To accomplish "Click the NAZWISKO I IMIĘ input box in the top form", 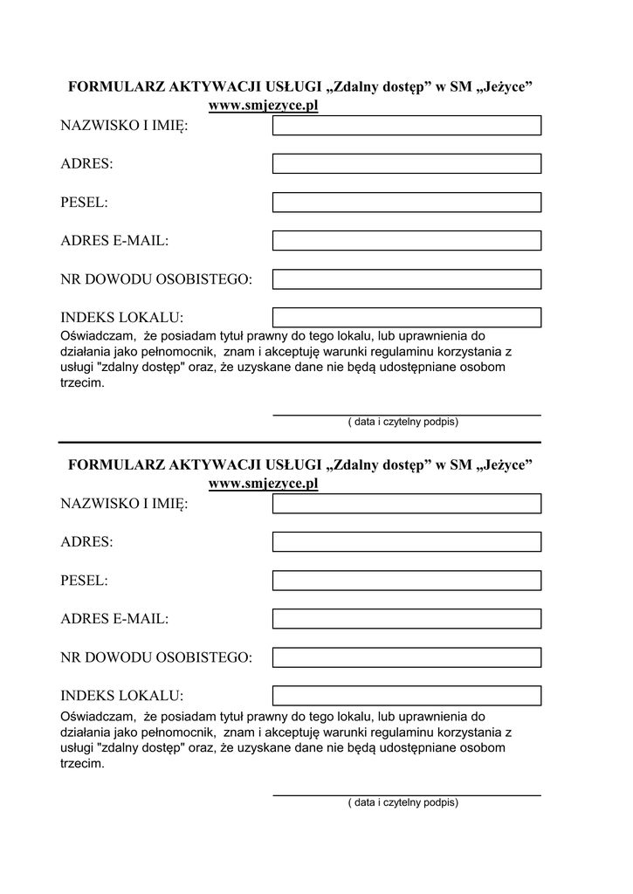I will click(407, 126).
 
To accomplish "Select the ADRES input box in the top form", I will click(407, 164).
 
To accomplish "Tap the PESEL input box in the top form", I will click(407, 203).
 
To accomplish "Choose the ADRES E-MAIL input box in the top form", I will click(407, 240).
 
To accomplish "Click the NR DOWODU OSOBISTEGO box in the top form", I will click(407, 279).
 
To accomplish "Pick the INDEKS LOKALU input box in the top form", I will click(407, 317).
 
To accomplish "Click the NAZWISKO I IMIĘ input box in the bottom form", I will click(407, 504).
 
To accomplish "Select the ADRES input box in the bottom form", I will click(407, 542).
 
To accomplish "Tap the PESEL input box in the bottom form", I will click(407, 581).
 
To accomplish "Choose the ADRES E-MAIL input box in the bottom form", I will click(407, 619).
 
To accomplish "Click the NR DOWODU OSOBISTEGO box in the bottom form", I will click(407, 657).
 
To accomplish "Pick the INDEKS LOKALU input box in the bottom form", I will click(407, 695).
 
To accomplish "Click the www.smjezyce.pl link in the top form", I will click(264, 107).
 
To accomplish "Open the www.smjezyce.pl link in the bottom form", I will click(264, 484).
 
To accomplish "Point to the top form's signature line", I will click(407, 414).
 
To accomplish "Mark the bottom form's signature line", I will click(407, 794).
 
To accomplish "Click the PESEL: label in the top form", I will click(84, 203).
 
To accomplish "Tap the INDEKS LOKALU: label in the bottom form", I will click(122, 696).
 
